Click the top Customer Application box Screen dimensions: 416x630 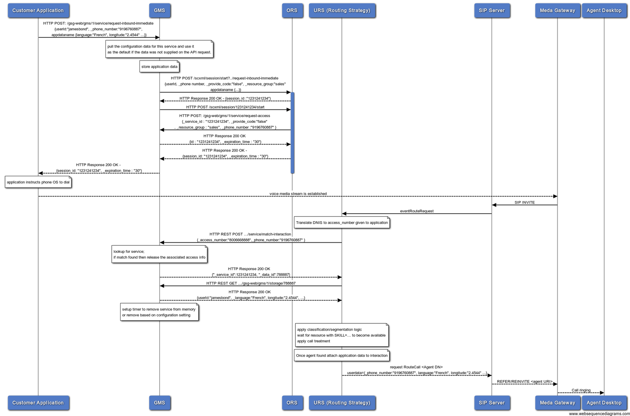[x=38, y=11]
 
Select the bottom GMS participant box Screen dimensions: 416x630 [x=160, y=403]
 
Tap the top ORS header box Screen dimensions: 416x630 [x=292, y=11]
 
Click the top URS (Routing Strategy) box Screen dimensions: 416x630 [x=342, y=11]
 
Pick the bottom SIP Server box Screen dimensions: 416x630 [x=492, y=403]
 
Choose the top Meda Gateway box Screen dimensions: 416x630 [x=557, y=11]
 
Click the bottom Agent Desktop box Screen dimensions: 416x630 [x=604, y=403]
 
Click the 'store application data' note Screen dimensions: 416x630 [x=160, y=66]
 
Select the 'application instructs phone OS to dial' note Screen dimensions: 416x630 [x=38, y=182]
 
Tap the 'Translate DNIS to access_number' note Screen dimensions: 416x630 [x=342, y=223]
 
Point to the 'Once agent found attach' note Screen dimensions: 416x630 [x=342, y=355]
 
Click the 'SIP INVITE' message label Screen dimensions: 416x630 [x=525, y=202]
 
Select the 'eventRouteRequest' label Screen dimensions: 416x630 [x=417, y=211]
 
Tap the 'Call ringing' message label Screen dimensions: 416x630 [x=581, y=390]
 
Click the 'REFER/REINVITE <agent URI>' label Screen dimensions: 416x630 [x=525, y=382]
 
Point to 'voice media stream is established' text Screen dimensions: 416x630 [x=298, y=194]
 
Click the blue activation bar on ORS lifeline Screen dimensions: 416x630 [x=292, y=132]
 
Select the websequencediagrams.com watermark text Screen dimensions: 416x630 [x=599, y=413]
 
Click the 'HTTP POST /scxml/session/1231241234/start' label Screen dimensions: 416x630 [x=225, y=107]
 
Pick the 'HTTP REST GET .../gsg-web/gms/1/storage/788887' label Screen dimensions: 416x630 [x=251, y=284]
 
